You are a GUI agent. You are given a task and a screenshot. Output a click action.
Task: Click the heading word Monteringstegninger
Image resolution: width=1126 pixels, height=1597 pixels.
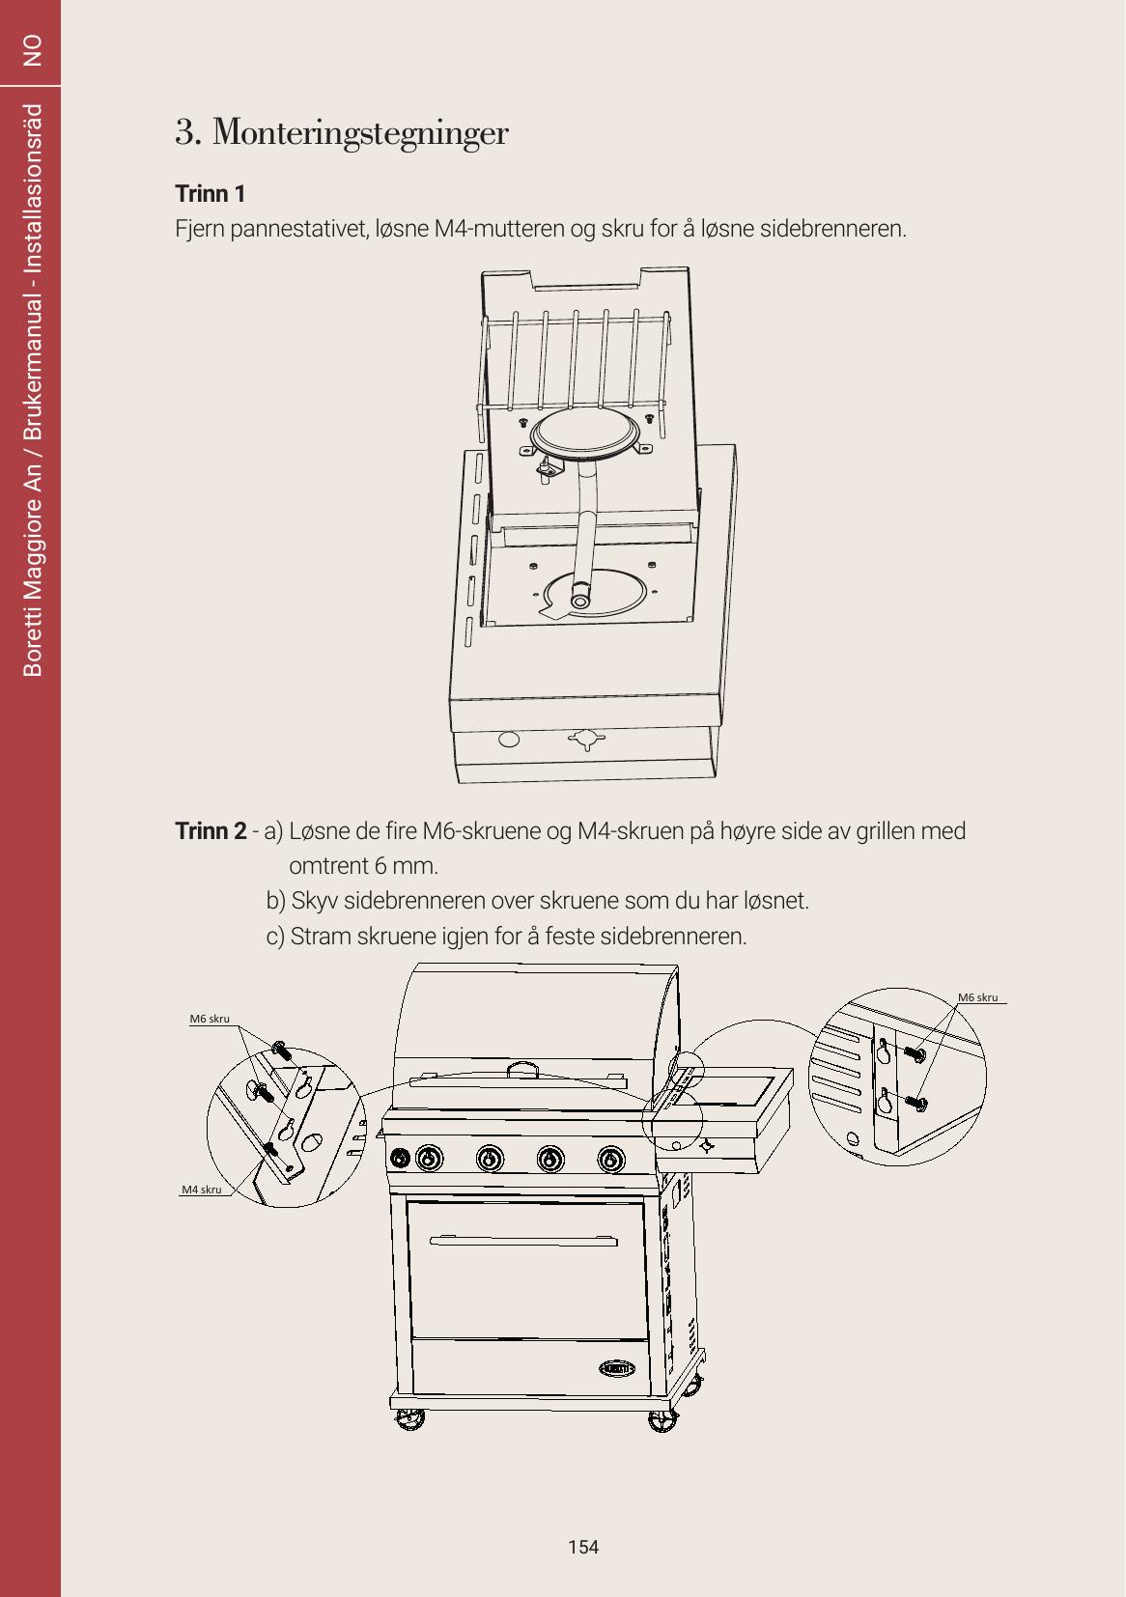pos(360,133)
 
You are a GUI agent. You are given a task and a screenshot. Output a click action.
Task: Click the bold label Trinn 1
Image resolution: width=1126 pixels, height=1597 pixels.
pos(211,193)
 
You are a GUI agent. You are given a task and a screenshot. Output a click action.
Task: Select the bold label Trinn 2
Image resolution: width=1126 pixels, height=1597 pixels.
pos(211,830)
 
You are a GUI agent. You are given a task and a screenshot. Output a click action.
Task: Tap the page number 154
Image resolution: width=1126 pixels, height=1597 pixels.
pos(583,1547)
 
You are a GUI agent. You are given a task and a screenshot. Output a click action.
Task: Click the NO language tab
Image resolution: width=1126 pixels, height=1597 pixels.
pos(32,50)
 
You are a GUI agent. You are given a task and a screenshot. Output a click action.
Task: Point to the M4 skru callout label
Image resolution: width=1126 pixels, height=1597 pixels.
pos(202,1190)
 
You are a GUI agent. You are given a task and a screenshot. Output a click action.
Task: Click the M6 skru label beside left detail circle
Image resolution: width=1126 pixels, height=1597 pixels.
pos(210,1019)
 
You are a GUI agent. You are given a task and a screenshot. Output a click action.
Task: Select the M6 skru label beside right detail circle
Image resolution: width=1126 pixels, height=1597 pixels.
pos(977,997)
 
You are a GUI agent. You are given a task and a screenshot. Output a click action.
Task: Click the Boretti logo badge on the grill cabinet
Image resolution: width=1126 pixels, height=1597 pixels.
pos(617,1368)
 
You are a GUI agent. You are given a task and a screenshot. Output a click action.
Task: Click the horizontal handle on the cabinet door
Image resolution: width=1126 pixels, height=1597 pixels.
pos(523,1242)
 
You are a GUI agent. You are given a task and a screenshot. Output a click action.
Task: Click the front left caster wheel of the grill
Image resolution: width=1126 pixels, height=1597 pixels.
pos(410,1418)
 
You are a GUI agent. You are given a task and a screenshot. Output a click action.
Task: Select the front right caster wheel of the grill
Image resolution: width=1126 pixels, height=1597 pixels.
pos(663,1420)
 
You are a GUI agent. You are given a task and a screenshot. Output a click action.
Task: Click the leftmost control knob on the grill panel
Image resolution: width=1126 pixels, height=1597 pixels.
pos(400,1158)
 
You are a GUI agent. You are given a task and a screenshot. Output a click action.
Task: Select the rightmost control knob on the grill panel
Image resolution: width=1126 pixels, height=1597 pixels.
pos(611,1160)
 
